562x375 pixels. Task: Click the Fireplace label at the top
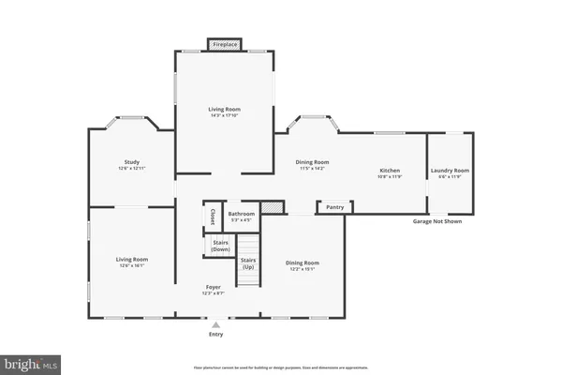pyautogui.click(x=225, y=44)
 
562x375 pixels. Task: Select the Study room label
pyautogui.click(x=131, y=161)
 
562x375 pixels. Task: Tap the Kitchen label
pyautogui.click(x=389, y=171)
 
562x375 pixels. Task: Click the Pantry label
pyautogui.click(x=333, y=207)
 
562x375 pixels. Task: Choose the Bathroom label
pyautogui.click(x=242, y=214)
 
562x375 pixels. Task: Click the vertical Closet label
pyautogui.click(x=213, y=217)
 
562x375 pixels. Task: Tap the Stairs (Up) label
pyautogui.click(x=248, y=263)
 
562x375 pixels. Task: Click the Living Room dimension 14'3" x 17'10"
pyautogui.click(x=225, y=115)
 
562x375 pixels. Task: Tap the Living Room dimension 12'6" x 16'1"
pyautogui.click(x=131, y=265)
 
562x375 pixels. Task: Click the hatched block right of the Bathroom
pyautogui.click(x=271, y=207)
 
